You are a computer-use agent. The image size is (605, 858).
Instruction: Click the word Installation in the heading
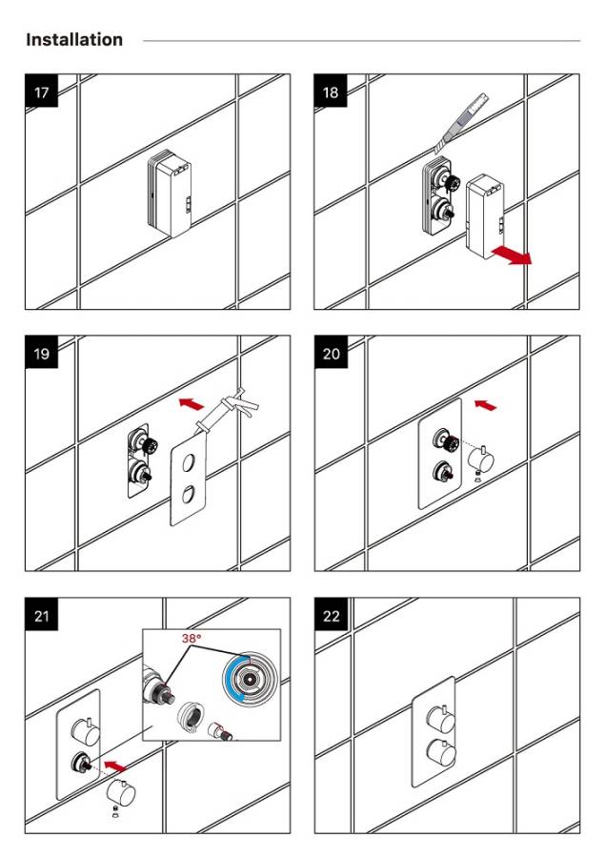(74, 40)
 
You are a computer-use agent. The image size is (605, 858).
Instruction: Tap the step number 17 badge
(42, 92)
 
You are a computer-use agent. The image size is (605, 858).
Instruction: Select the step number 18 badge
(332, 92)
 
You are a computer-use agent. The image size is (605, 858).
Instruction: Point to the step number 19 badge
(42, 354)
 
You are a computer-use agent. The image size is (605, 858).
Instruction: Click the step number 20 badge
(332, 354)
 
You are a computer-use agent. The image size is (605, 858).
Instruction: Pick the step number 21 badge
(42, 616)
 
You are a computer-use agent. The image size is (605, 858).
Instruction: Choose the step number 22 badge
(332, 616)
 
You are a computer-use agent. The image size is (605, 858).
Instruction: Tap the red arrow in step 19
(192, 404)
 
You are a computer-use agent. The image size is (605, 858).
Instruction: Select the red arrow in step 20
(485, 405)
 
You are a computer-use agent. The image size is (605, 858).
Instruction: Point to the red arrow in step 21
(114, 765)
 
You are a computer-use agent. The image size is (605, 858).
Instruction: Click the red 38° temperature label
(193, 638)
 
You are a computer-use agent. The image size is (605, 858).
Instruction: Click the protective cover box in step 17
(171, 194)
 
